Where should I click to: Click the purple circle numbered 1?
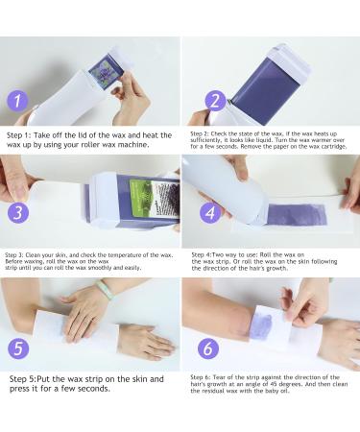[x=17, y=101]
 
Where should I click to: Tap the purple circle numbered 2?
[x=215, y=101]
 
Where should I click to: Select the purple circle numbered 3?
[x=18, y=212]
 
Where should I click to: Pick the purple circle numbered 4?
[x=210, y=212]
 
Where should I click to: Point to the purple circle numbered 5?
[x=18, y=348]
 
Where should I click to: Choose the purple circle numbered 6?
[x=208, y=348]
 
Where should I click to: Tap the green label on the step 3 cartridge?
[x=142, y=196]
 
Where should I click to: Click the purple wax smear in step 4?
[x=297, y=215]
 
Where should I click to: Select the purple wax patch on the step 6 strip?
[x=260, y=325]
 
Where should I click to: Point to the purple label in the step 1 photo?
[x=103, y=72]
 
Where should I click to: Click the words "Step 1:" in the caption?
[x=18, y=135]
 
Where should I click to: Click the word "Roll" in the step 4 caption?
[x=265, y=255]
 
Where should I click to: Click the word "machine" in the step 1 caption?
[x=132, y=145]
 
